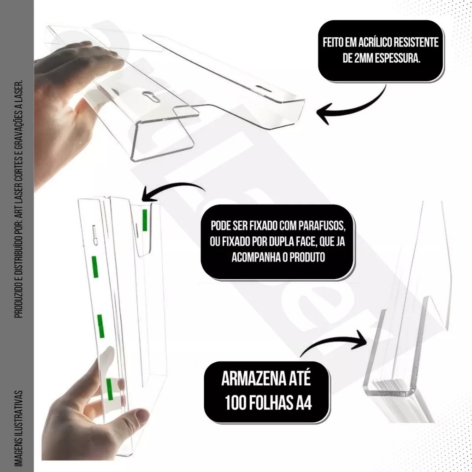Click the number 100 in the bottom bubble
[x=235, y=402]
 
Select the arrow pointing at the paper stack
[x=335, y=342]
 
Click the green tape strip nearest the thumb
[x=110, y=389]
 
